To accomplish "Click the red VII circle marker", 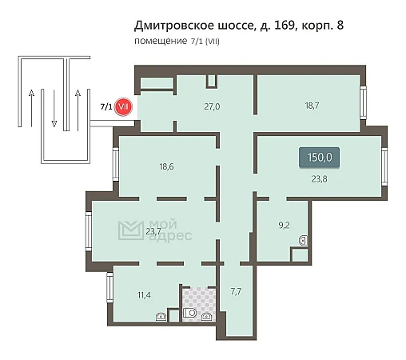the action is [x=123, y=107].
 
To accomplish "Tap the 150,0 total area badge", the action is [x=319, y=158].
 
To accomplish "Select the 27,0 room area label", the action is [x=212, y=106].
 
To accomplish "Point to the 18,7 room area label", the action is [x=312, y=106].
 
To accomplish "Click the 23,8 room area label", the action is [x=319, y=179].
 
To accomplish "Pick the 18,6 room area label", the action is [x=166, y=166].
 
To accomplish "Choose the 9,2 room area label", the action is [x=284, y=226].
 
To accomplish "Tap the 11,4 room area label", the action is [x=144, y=295].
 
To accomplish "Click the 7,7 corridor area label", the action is [x=236, y=291].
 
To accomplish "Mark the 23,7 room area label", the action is [x=153, y=231].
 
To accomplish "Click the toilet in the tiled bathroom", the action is [x=189, y=313].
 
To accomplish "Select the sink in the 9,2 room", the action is [x=303, y=241].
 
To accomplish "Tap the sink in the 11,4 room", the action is [x=161, y=317].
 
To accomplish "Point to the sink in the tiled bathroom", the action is [x=207, y=316].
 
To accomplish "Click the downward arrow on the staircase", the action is [x=54, y=108].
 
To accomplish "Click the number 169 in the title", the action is [x=285, y=26].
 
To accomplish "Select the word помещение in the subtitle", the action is [x=161, y=42].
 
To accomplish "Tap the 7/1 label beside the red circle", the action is [x=106, y=107].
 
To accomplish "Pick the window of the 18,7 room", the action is [x=364, y=102].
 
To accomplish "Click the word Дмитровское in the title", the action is [x=174, y=26].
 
